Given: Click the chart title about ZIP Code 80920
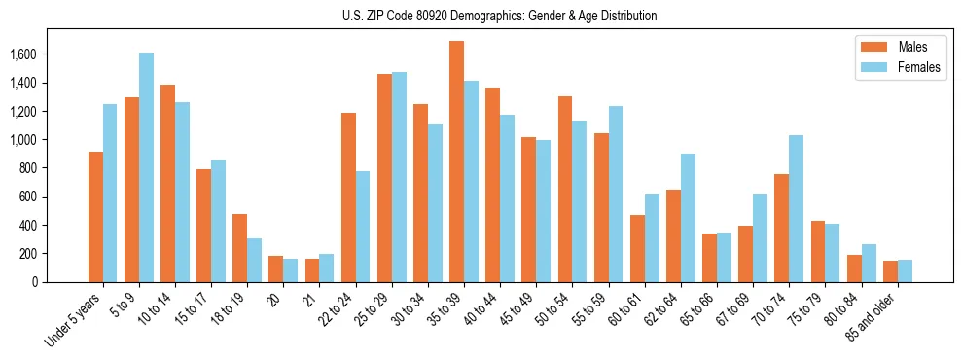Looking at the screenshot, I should tap(500, 16).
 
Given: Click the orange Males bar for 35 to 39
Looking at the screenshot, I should tap(456, 162).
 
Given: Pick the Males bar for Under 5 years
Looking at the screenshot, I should tap(95, 217).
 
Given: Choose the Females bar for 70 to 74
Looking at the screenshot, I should tap(796, 209).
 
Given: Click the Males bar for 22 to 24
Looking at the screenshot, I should tap(348, 198).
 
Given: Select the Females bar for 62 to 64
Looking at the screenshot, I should tap(688, 218).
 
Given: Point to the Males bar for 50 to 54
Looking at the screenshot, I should tap(565, 190).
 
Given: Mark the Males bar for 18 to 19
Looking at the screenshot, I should tap(239, 248).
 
